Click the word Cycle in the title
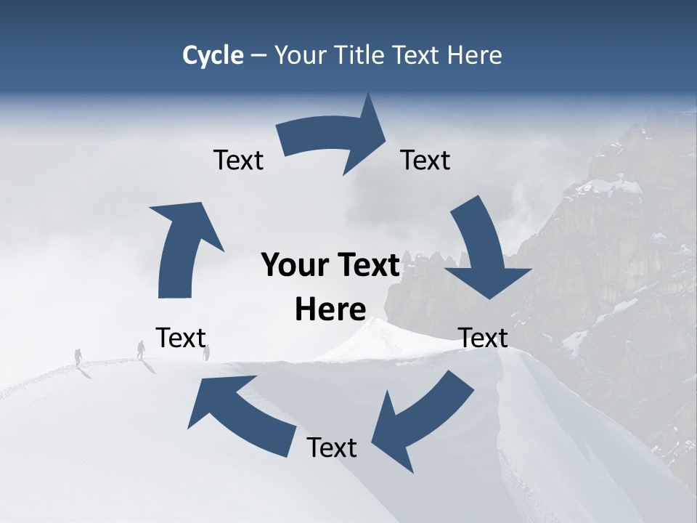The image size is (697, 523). tap(213, 55)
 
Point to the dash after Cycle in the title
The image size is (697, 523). tap(258, 55)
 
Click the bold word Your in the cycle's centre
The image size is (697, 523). tap(294, 266)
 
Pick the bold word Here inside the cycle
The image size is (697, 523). tap(330, 309)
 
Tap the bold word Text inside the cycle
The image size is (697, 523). tap(367, 266)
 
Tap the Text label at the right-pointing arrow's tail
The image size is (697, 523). tap(238, 160)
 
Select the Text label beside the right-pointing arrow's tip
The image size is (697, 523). tap(425, 160)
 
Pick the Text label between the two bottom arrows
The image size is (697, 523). tap(332, 447)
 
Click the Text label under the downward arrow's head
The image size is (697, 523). tap(483, 338)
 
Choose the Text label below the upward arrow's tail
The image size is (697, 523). tap(181, 338)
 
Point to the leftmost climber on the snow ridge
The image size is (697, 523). tap(78, 357)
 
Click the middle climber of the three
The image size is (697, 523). tap(141, 349)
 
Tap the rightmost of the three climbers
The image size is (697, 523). tap(207, 353)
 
